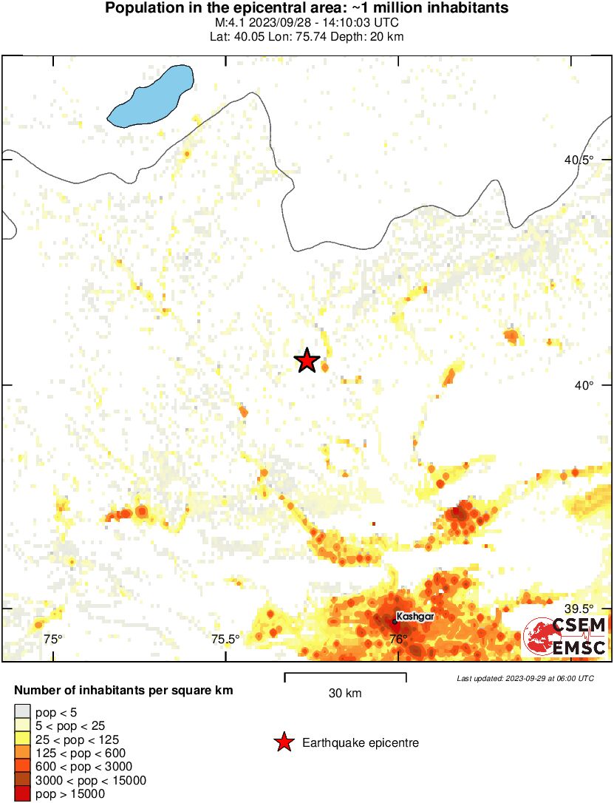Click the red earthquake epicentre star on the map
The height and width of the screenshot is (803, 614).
point(307,361)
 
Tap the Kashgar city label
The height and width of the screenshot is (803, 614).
point(415,616)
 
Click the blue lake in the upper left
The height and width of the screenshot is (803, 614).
point(151,95)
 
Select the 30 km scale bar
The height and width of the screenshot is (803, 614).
point(345,674)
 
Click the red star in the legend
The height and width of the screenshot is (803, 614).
point(283,742)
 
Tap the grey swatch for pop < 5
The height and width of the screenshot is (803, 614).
point(22,713)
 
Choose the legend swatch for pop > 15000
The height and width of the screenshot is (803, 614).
point(22,794)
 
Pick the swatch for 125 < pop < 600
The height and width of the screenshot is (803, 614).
point(22,753)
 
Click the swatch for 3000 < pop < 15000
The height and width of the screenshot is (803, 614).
point(22,781)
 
